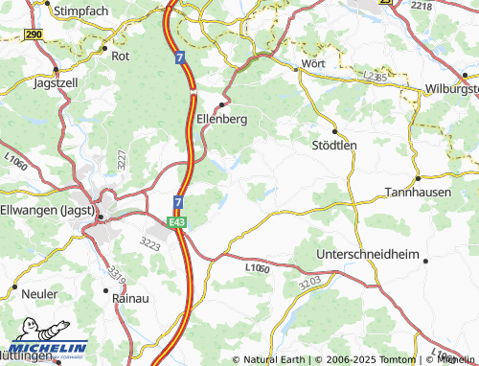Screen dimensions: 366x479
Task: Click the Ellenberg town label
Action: click(221, 120)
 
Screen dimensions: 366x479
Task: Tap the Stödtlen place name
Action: click(334, 146)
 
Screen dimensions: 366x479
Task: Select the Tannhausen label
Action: click(419, 192)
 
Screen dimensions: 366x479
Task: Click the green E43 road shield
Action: click(176, 221)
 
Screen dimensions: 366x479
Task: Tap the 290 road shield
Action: click(34, 34)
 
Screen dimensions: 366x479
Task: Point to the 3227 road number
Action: click(122, 159)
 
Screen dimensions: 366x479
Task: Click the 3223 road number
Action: click(149, 243)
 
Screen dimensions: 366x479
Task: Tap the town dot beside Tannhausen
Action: click(419, 178)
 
